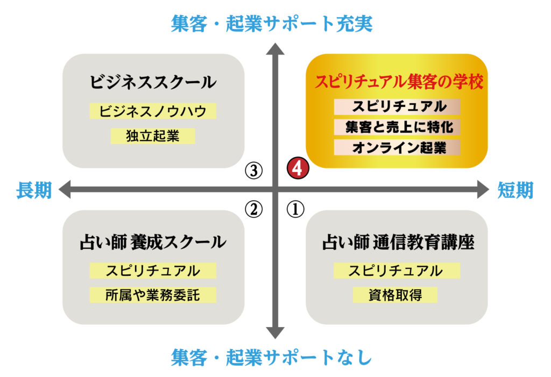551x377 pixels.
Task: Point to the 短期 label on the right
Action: pyautogui.click(x=515, y=190)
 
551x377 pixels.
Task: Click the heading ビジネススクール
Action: pyautogui.click(x=153, y=83)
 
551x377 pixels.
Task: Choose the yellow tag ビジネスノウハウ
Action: pyautogui.click(x=153, y=111)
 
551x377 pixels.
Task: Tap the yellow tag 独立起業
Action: pyautogui.click(x=153, y=136)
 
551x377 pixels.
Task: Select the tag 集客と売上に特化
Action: pyautogui.click(x=397, y=127)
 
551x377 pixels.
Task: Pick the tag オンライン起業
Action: pyautogui.click(x=397, y=147)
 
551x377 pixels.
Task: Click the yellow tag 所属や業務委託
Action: pyautogui.click(x=153, y=295)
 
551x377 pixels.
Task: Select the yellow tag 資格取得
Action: pyautogui.click(x=395, y=295)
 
